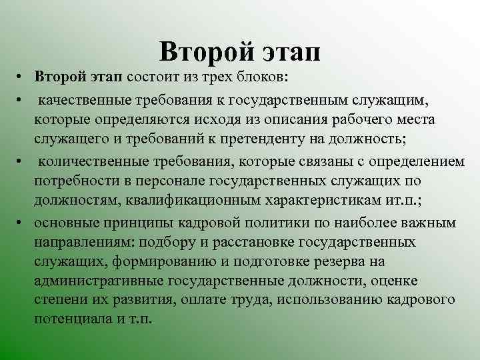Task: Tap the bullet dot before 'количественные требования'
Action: tap(22, 163)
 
